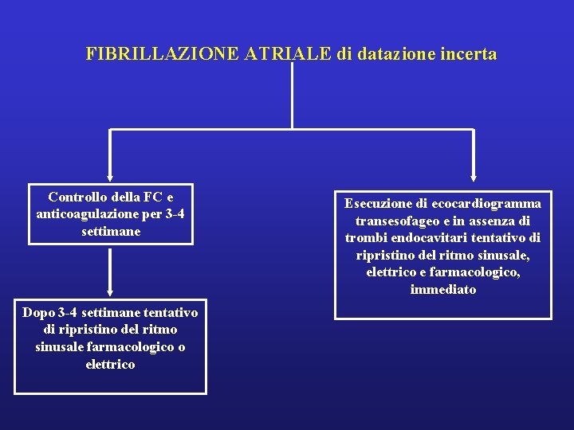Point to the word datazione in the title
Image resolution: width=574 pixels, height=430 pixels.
pos(392,54)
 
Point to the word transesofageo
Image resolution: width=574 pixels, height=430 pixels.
pos(389,221)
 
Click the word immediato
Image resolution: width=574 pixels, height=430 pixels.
pos(443,290)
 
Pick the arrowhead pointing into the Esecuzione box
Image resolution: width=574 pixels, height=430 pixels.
pos(474,178)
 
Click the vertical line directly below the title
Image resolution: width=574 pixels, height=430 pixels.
pos(293,96)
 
